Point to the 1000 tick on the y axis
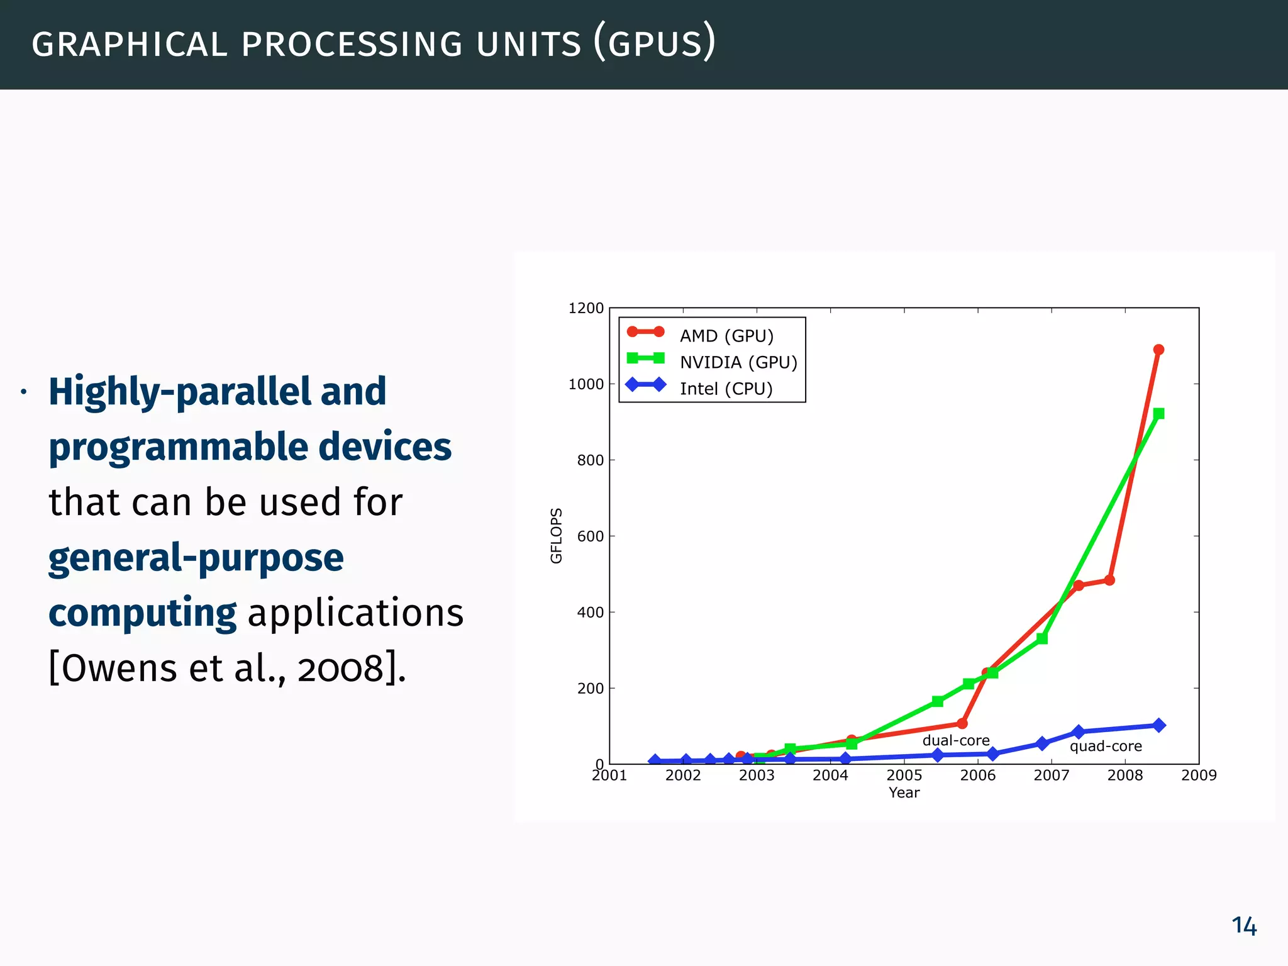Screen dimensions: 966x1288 click(x=586, y=384)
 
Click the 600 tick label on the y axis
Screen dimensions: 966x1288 click(x=590, y=536)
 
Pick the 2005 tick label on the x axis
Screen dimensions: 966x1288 click(x=904, y=775)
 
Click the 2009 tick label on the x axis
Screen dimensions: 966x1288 click(x=1199, y=775)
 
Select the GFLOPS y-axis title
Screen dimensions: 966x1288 click(x=556, y=535)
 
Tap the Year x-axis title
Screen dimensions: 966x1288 click(x=904, y=793)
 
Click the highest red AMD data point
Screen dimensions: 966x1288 click(x=1158, y=350)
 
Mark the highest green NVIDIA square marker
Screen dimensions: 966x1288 click(x=1158, y=413)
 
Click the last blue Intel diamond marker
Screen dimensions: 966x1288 click(x=1158, y=725)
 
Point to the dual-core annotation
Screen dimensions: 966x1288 click(x=955, y=741)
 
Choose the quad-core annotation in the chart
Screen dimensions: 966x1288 click(x=1106, y=747)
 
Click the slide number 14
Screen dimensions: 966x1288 click(x=1243, y=926)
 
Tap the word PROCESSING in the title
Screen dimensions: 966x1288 click(x=352, y=45)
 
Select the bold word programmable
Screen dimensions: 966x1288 click(x=178, y=448)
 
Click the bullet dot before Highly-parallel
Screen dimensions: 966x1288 click(x=24, y=393)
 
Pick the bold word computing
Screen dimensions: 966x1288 click(x=142, y=613)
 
